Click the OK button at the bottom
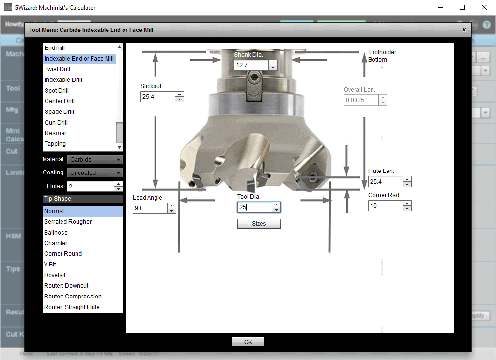tap(248, 342)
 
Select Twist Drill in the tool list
tap(57, 69)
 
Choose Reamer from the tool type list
tap(55, 133)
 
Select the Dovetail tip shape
tap(55, 275)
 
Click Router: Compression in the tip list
tap(73, 297)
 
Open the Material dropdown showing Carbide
tap(94, 159)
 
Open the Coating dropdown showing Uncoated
tap(94, 172)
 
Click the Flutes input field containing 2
tap(90, 186)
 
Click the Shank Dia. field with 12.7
tap(251, 65)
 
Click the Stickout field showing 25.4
tap(157, 96)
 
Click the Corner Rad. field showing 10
tap(385, 205)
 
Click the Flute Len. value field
tap(385, 181)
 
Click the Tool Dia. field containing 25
tap(254, 207)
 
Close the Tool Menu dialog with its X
tap(464, 30)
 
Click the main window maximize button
tap(462, 7)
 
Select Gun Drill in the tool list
tap(56, 123)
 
